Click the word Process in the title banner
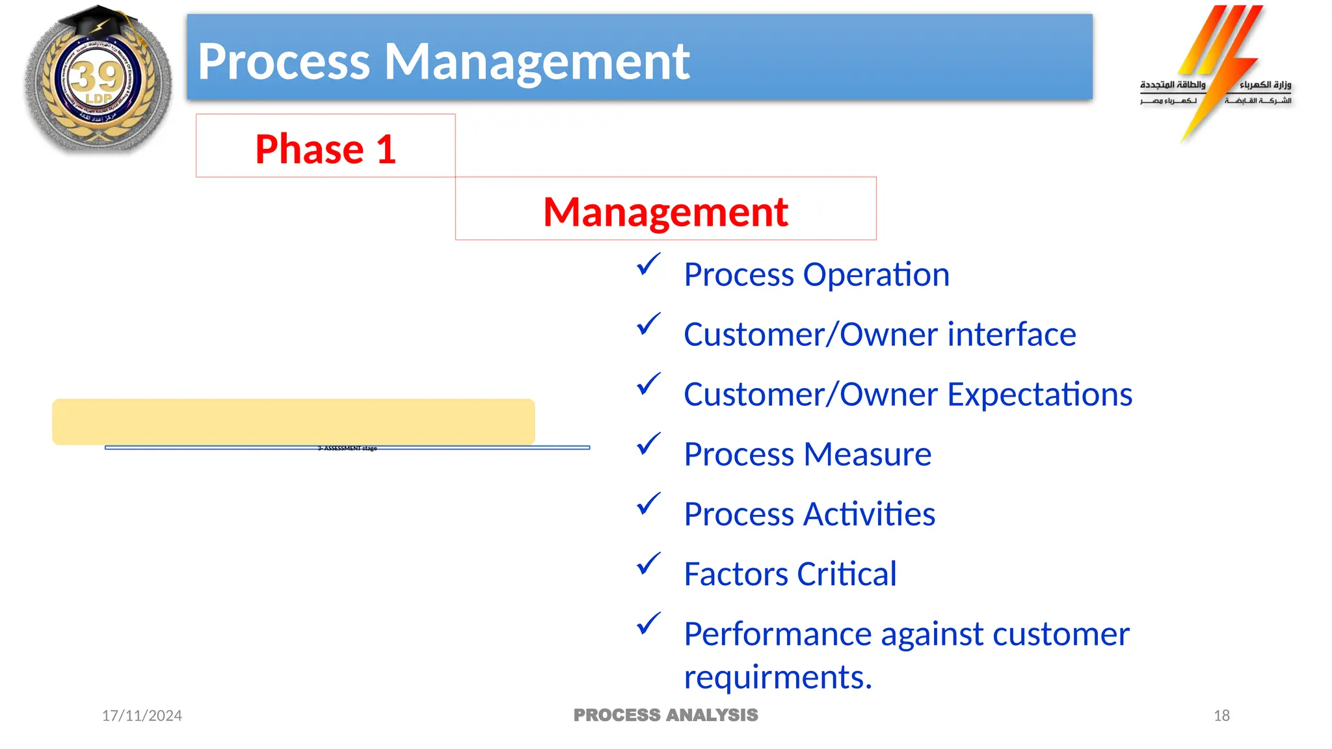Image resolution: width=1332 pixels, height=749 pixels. click(x=284, y=62)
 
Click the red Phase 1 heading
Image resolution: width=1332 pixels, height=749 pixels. click(x=325, y=149)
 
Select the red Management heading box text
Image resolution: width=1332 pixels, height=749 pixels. click(x=665, y=212)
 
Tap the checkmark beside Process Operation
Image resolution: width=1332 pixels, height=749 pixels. click(x=648, y=265)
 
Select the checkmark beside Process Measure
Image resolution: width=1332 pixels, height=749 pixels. click(x=648, y=444)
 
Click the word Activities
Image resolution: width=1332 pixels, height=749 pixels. click(x=869, y=514)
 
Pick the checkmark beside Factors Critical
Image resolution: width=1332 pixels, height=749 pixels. click(x=648, y=564)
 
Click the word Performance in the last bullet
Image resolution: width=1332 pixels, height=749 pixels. click(x=778, y=634)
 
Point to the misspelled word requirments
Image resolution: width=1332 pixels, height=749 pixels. click(x=777, y=677)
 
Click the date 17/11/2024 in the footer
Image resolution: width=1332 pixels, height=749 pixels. click(x=142, y=716)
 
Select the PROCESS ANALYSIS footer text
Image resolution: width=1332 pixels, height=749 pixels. click(x=665, y=715)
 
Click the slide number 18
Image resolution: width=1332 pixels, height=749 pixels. click(x=1221, y=716)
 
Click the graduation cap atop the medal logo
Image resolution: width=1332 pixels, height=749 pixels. click(x=98, y=23)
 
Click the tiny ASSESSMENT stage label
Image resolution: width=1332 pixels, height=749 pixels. click(x=347, y=448)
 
